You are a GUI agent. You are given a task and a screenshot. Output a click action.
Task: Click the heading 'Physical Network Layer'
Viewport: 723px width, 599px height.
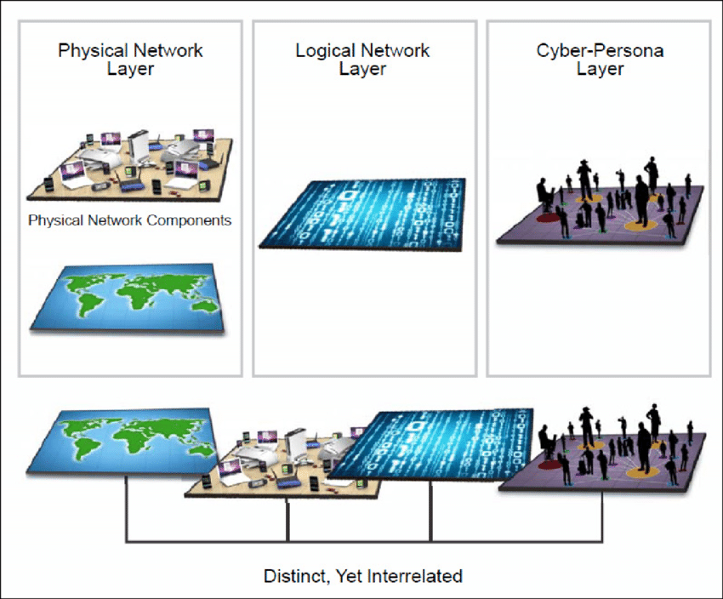point(130,59)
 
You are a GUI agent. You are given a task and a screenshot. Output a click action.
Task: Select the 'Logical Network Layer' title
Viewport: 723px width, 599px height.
point(363,59)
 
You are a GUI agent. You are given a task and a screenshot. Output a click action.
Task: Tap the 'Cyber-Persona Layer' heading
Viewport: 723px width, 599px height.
point(600,59)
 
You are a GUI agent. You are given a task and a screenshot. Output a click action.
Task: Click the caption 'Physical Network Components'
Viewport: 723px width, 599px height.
point(130,220)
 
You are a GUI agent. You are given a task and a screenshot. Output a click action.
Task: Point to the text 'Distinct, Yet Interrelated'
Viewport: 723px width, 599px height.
point(362,576)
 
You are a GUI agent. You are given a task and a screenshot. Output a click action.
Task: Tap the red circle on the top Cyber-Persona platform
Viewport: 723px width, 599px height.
point(549,217)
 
